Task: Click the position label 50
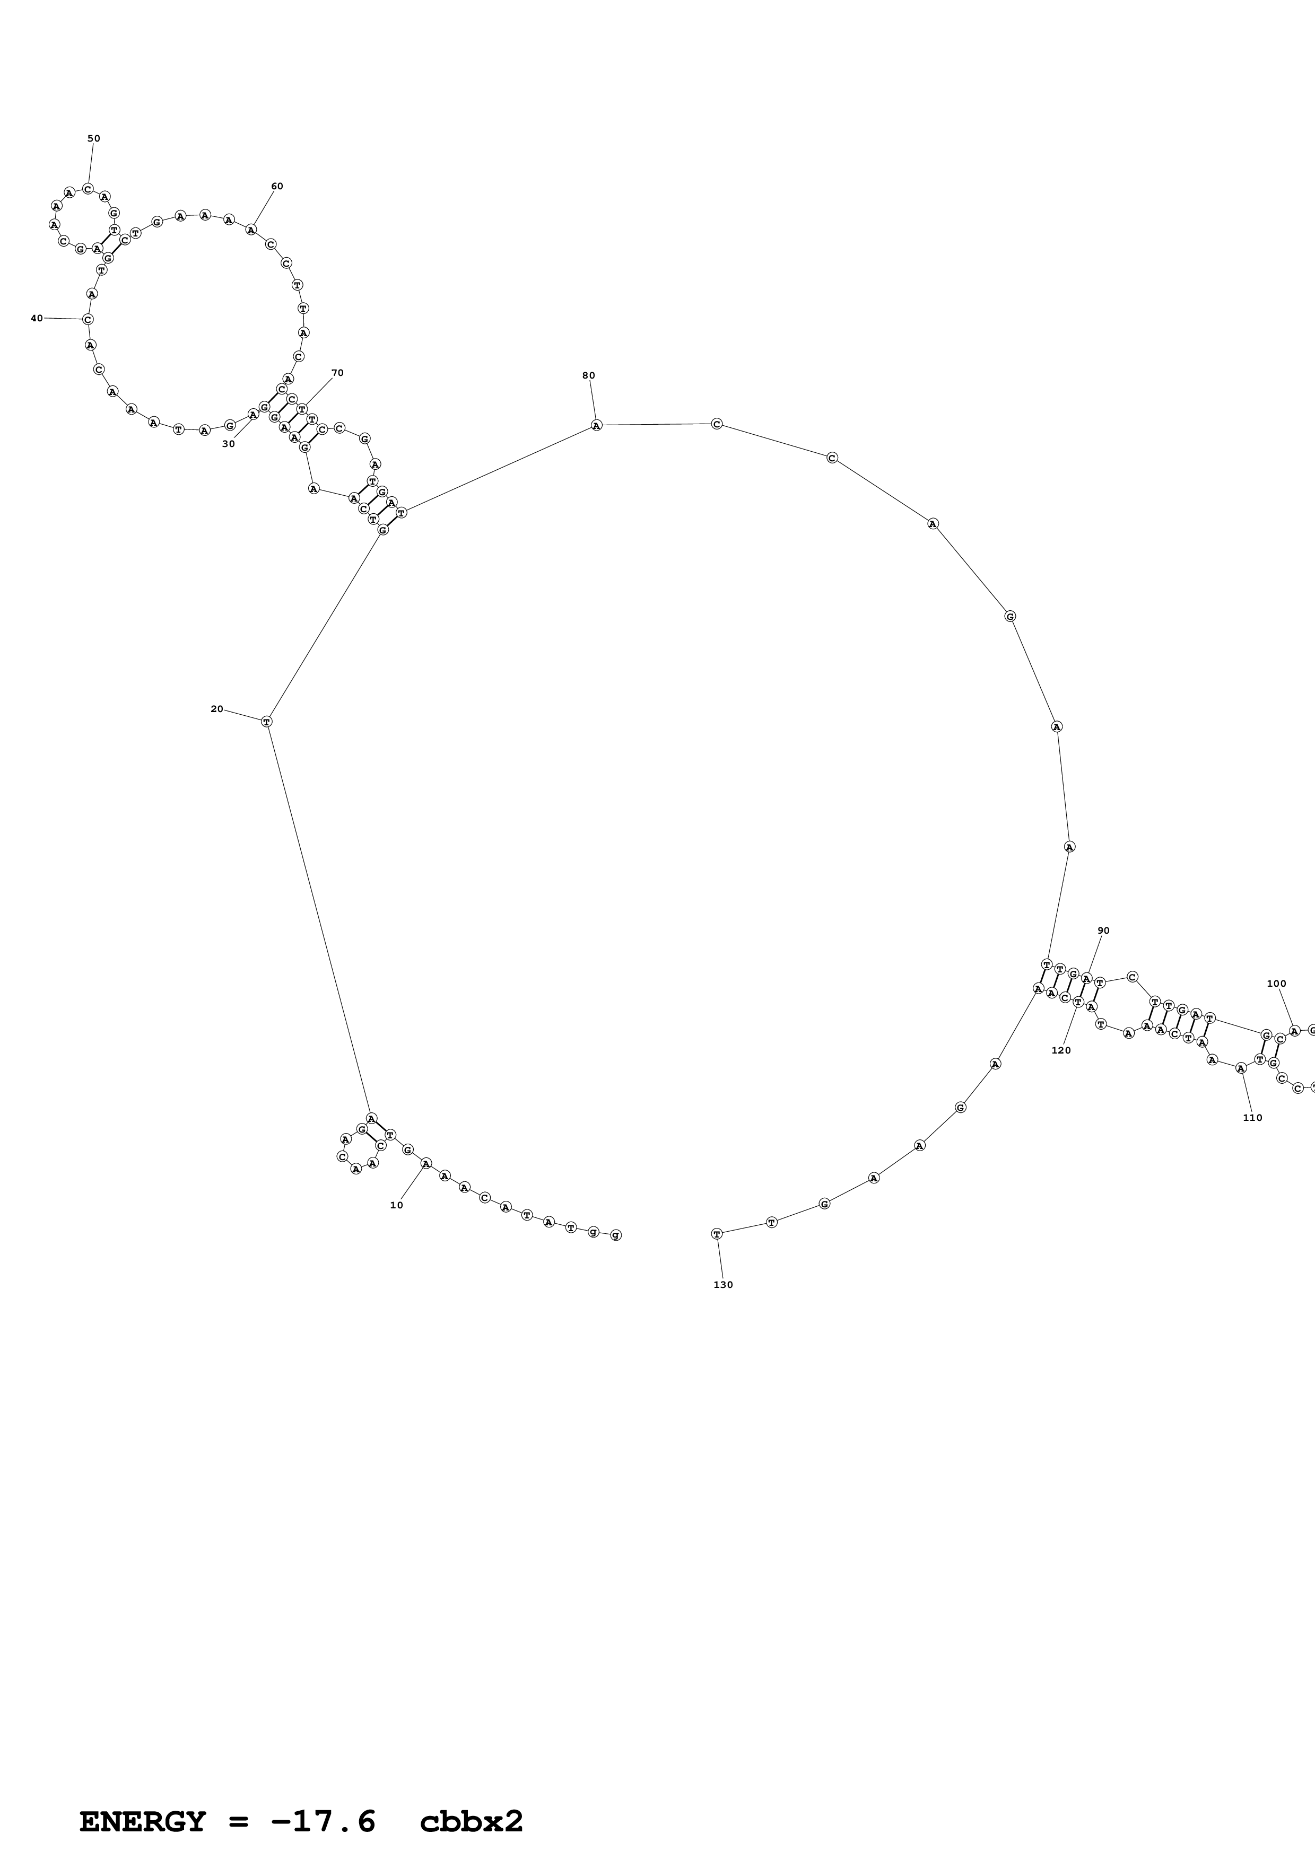94,138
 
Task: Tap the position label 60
277,186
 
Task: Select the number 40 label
37,318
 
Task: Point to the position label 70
337,373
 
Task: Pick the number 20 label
216,709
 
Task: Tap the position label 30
229,444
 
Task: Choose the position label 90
1103,931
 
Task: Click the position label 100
1276,984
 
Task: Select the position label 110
1252,1118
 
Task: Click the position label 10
396,1205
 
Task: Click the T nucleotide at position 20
267,721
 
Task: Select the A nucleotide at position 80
596,425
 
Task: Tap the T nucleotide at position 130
716,1234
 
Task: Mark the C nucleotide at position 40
88,319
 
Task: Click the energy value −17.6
324,1799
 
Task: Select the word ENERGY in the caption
143,1799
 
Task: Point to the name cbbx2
472,1799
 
